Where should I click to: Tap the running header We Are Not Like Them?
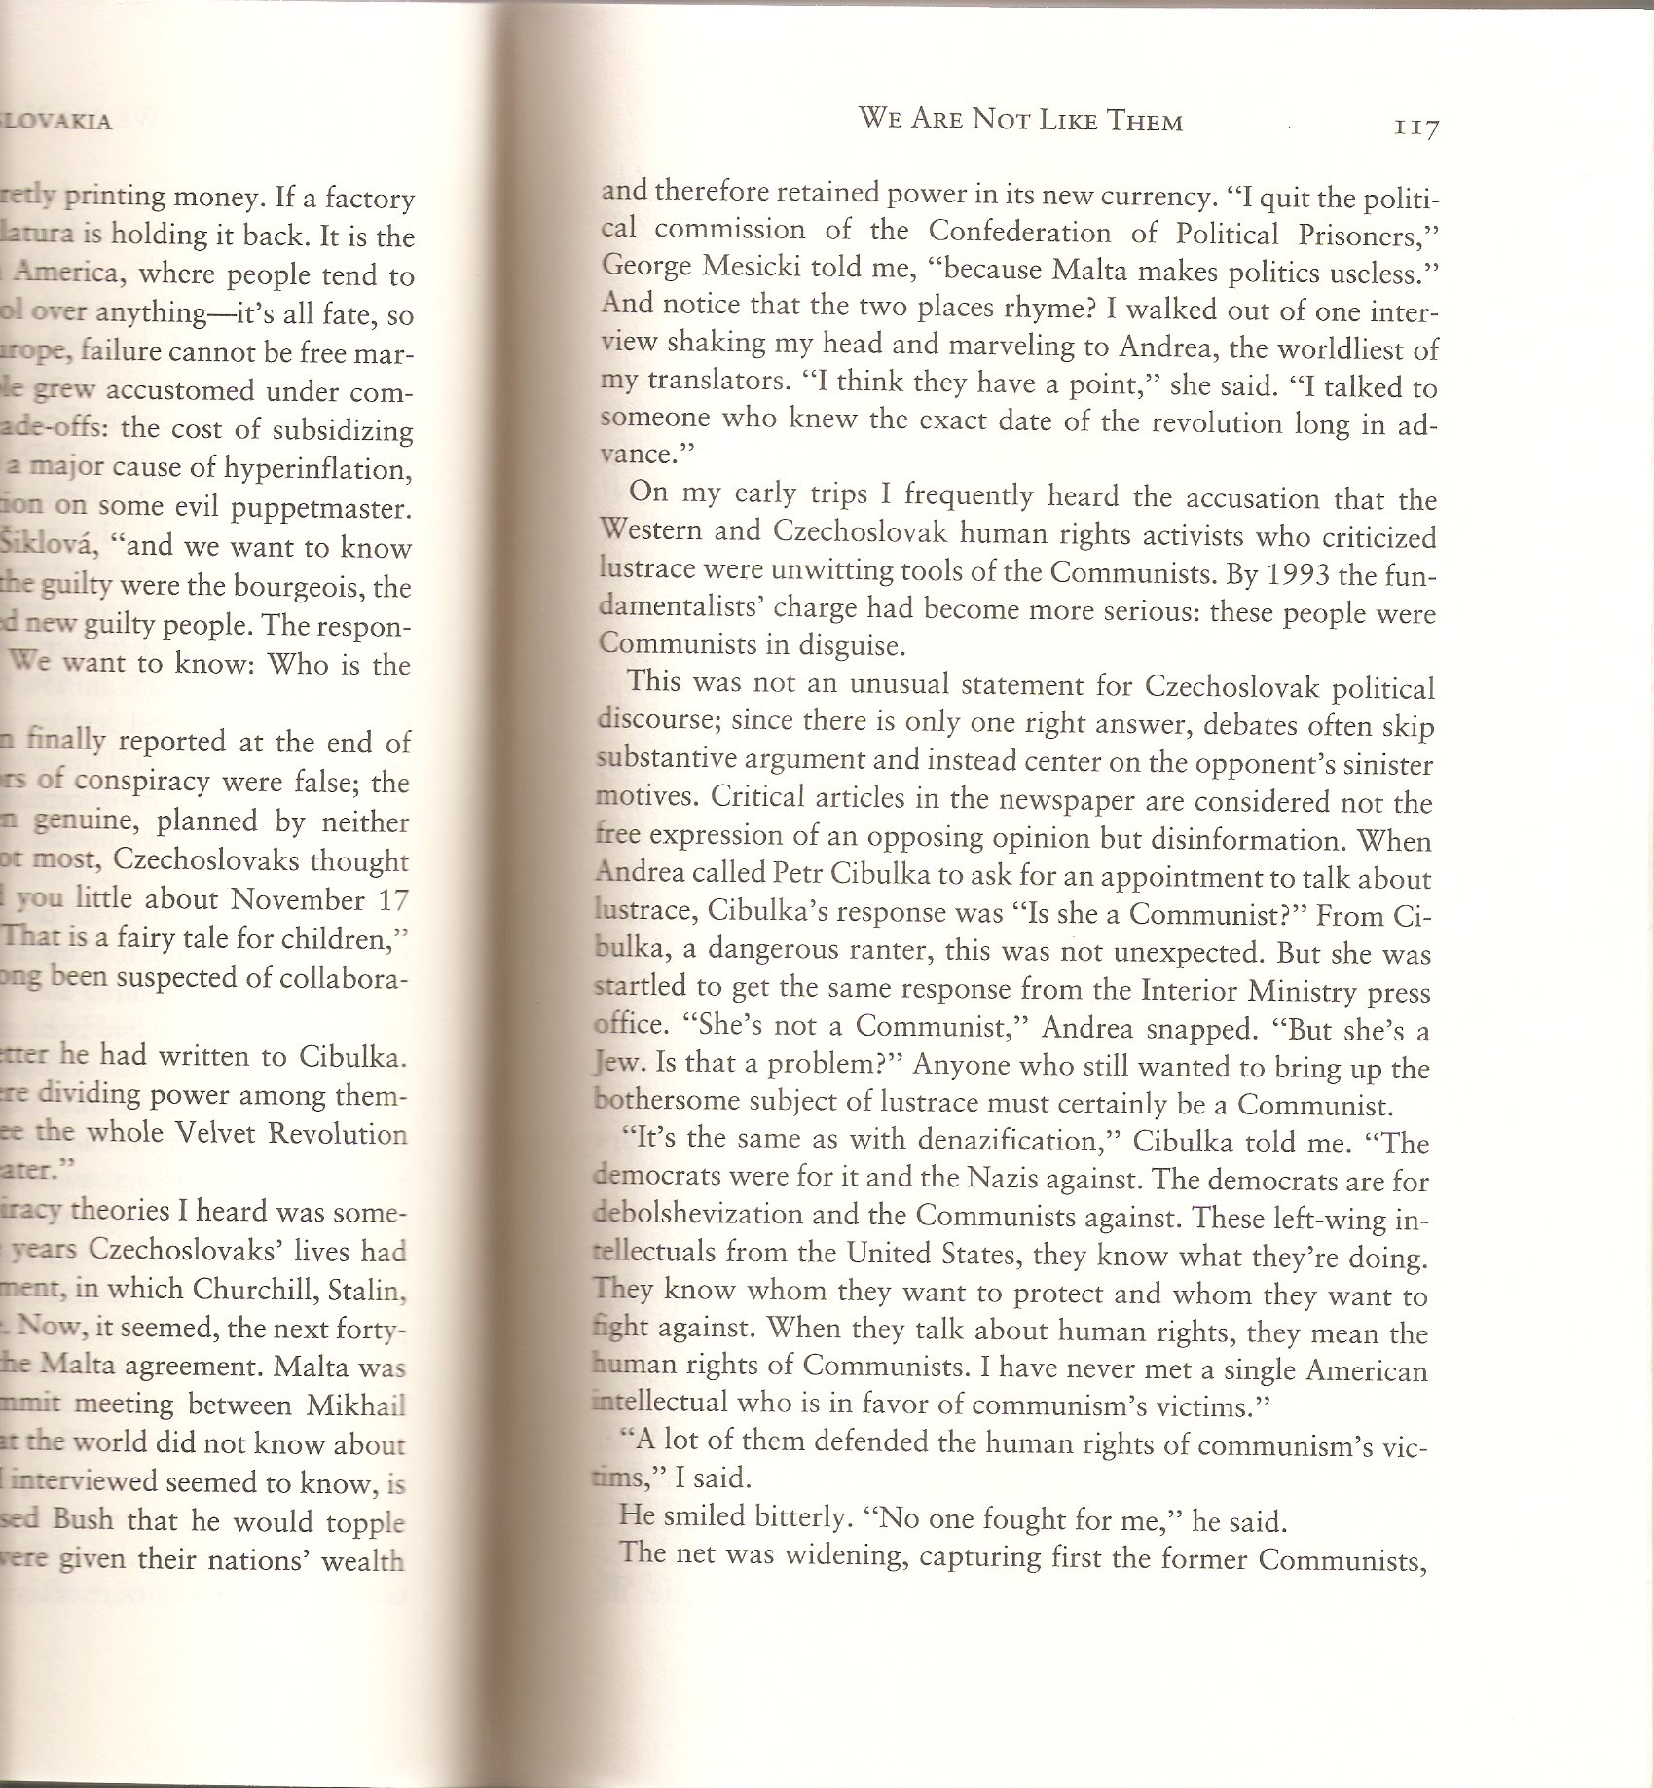[x=1020, y=121]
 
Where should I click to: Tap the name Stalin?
[x=373, y=1292]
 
